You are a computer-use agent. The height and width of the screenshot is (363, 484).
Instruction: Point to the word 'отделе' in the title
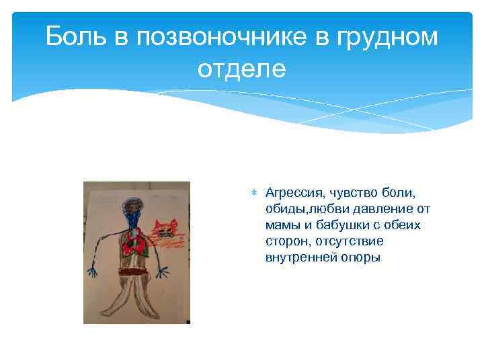[x=241, y=69]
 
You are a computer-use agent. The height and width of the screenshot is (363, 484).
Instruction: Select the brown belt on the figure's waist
[x=132, y=272]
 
